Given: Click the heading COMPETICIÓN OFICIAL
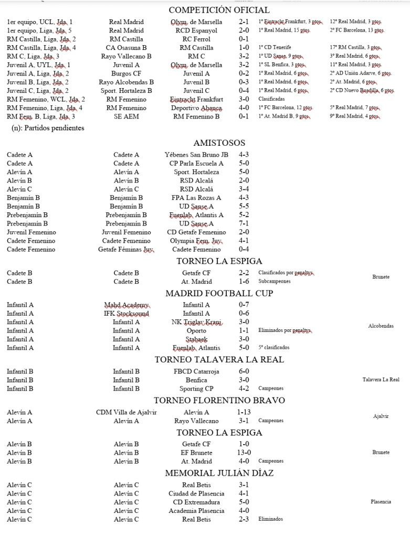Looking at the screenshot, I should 219,10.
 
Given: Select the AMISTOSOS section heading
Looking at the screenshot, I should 219,143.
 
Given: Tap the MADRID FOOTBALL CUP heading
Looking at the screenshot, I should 219,293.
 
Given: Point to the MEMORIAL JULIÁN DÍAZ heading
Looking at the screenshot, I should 219,473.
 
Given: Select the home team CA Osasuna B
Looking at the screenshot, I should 126,48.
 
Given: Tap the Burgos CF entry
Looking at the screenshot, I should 126,73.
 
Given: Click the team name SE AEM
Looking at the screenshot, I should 126,116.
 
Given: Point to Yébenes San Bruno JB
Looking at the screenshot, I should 196,155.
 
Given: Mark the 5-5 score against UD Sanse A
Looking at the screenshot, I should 244,207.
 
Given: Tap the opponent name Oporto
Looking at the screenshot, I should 196,331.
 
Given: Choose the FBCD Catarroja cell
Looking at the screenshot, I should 196,371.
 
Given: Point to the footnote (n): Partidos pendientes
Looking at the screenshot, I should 48,127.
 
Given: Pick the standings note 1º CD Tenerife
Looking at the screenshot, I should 275,48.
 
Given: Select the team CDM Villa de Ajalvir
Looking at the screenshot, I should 126,412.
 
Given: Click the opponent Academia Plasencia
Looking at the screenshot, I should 196,511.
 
